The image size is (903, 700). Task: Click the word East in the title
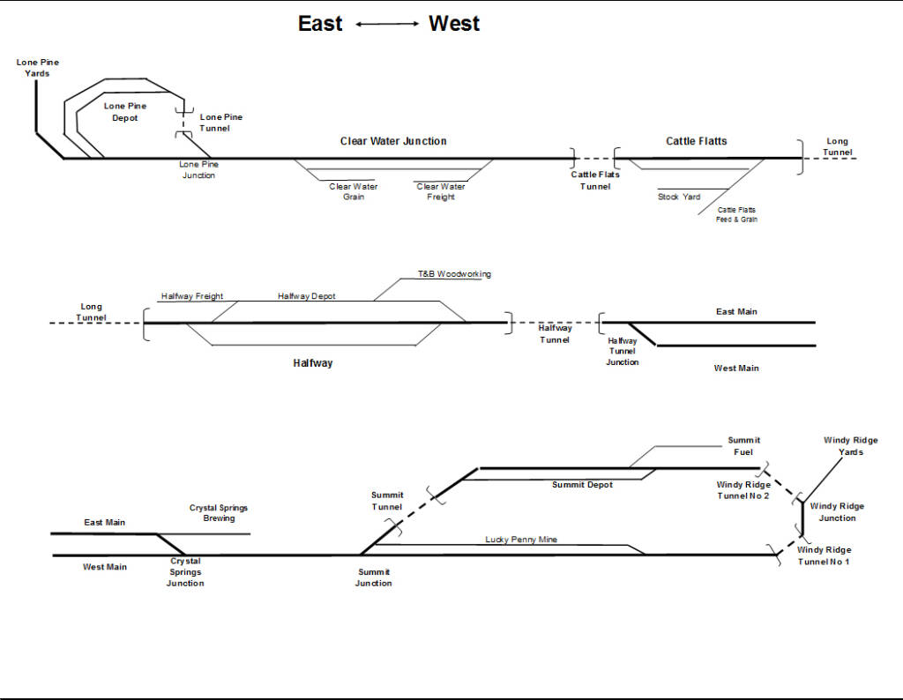(x=320, y=24)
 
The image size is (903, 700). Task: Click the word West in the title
(x=454, y=24)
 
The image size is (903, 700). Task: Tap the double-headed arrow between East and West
(x=387, y=25)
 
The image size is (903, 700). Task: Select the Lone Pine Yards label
(x=38, y=68)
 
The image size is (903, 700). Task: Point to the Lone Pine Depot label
(x=125, y=112)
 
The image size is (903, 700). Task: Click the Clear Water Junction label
(x=393, y=141)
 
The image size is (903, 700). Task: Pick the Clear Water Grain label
(x=354, y=191)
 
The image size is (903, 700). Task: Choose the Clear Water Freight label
(x=441, y=191)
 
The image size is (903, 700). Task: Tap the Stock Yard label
(x=679, y=197)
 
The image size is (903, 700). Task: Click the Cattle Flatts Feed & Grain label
(x=736, y=214)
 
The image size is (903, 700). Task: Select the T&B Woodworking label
(x=454, y=274)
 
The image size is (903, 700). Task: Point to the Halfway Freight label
(x=192, y=296)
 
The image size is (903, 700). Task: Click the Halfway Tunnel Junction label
(x=623, y=352)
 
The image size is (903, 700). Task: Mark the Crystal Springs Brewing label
(x=219, y=513)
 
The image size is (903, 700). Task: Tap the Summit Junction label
(x=374, y=577)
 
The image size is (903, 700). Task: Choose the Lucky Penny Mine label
(x=521, y=540)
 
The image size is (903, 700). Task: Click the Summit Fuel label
(x=743, y=446)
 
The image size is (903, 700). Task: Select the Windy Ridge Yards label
(x=851, y=446)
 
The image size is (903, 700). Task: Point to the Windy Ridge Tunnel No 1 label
(x=824, y=555)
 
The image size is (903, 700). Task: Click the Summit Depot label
(x=582, y=485)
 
